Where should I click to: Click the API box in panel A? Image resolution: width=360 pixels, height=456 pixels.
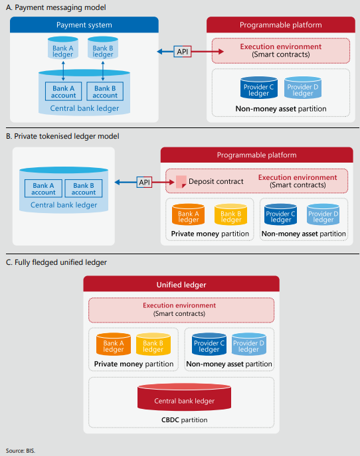click(x=183, y=52)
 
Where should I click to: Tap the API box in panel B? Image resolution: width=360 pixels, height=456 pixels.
click(x=144, y=183)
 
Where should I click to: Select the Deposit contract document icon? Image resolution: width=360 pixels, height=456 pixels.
click(x=181, y=182)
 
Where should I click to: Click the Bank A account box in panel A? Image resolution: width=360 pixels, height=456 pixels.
click(x=64, y=92)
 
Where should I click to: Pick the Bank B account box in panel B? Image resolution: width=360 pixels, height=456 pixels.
click(x=84, y=189)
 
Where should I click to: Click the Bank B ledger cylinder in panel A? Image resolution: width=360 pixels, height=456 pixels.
click(x=103, y=48)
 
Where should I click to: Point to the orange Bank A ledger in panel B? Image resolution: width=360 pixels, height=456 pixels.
click(x=188, y=214)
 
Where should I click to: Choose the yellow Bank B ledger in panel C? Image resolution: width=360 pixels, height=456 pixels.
click(x=153, y=344)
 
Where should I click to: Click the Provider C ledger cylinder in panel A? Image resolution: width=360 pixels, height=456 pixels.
click(x=259, y=88)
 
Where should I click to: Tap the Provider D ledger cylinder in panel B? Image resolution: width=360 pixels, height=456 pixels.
click(x=323, y=214)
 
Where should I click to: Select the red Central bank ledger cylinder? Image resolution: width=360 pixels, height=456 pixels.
click(x=184, y=397)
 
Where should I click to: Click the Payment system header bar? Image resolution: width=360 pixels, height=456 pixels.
click(x=84, y=25)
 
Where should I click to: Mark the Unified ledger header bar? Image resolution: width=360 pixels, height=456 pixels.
click(x=181, y=284)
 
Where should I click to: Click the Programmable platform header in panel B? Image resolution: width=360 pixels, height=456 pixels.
click(x=256, y=155)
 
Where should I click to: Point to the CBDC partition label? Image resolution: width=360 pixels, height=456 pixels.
click(x=184, y=419)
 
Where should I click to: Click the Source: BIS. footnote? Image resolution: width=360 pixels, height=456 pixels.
click(x=21, y=451)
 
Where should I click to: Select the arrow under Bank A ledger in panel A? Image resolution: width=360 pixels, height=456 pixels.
click(x=63, y=71)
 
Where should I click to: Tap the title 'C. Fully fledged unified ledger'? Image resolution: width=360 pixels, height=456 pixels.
click(x=56, y=262)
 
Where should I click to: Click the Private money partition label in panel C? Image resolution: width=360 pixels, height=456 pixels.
click(x=134, y=364)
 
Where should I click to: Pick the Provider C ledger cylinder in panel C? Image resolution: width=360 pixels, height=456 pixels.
click(x=209, y=344)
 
